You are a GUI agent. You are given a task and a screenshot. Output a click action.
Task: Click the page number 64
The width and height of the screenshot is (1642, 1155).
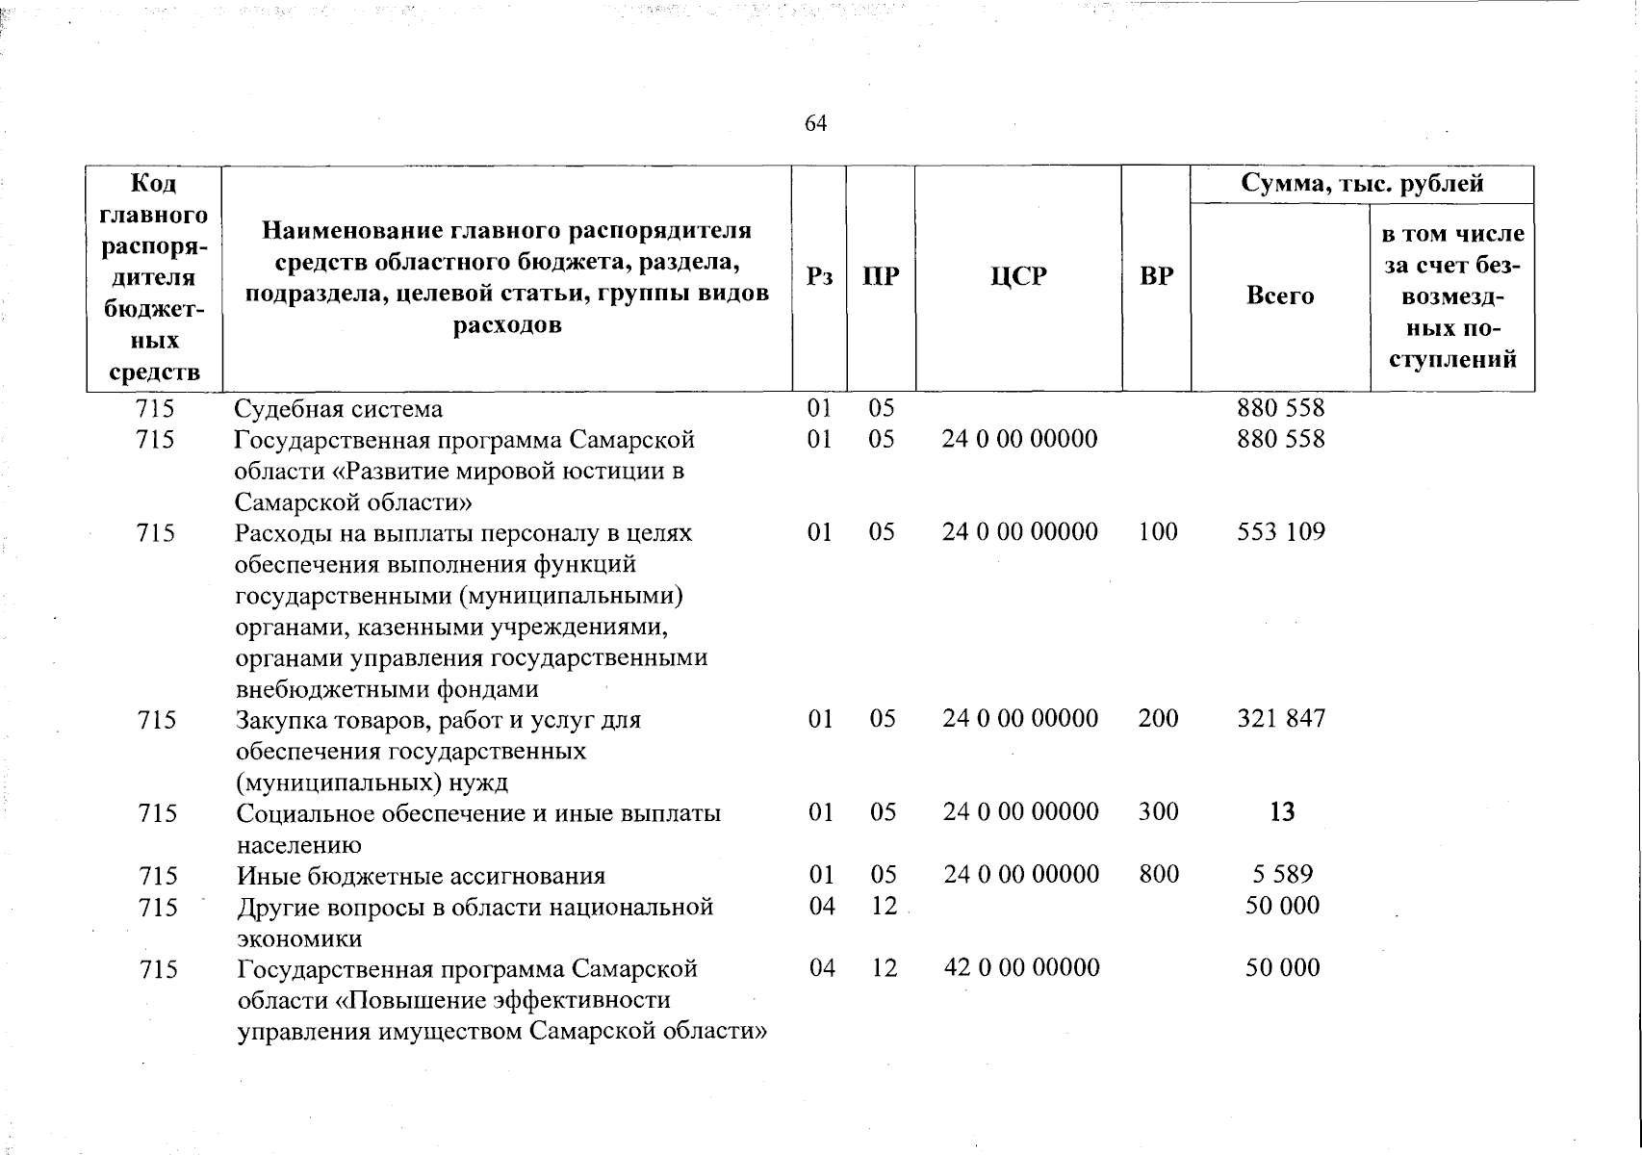click(815, 124)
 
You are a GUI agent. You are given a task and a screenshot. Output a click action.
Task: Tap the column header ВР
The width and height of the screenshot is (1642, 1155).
click(1156, 277)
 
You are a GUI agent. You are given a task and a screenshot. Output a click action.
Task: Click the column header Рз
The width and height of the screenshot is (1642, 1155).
click(819, 277)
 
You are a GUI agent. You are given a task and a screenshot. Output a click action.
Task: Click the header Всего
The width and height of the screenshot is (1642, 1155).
click(1280, 295)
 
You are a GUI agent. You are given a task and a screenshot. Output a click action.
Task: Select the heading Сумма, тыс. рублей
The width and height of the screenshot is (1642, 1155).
click(1362, 184)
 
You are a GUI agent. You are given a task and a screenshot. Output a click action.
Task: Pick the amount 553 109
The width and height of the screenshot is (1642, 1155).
click(1281, 531)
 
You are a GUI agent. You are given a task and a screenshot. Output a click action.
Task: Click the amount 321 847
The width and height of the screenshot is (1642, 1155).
click(1281, 718)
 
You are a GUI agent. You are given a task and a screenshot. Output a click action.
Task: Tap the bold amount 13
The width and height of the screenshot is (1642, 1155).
click(1282, 812)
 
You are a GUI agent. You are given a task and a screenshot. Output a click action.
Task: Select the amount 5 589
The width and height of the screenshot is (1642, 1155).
click(1282, 874)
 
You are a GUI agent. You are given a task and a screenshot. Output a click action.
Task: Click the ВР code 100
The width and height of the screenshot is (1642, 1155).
click(1157, 531)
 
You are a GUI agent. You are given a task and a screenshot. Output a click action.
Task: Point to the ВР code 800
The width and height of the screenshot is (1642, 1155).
click(1158, 874)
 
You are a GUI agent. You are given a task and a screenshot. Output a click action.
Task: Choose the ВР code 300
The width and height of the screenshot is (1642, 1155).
click(1158, 811)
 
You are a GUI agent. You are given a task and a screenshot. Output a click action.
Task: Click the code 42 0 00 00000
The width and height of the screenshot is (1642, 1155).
click(1021, 967)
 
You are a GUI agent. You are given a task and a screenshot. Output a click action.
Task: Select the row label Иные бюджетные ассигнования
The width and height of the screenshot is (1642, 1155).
click(422, 876)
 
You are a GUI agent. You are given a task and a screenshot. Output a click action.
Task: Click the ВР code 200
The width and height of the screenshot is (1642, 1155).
click(1158, 718)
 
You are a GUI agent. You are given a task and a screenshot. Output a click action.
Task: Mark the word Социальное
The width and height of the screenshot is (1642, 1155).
click(298, 813)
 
